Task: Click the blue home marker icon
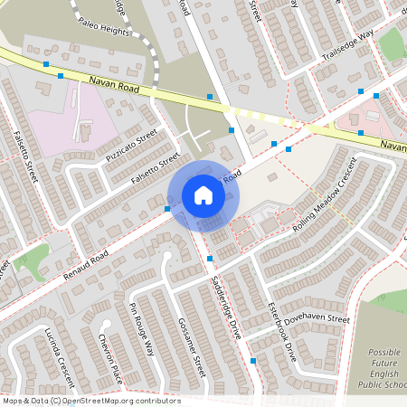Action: tap(203, 194)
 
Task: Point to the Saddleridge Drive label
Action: tap(222, 308)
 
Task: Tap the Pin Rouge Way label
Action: tap(142, 330)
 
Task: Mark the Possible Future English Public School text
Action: tap(385, 369)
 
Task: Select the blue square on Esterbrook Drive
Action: tap(253, 361)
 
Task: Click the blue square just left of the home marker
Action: tap(167, 209)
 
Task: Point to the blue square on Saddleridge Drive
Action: tap(209, 260)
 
